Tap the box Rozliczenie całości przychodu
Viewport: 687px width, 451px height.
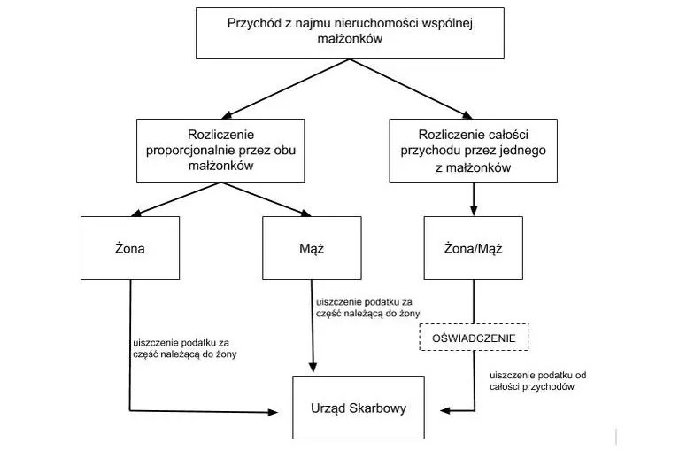pos(474,151)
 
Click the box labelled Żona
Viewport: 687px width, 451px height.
pos(130,248)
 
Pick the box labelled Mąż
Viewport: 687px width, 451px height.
pos(312,248)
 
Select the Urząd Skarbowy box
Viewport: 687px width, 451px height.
pos(352,408)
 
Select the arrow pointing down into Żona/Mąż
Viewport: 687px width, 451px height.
pos(475,200)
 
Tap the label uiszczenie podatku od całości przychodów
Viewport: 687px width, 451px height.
pos(536,382)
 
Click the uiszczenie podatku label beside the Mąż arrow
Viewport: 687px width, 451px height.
pos(363,307)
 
